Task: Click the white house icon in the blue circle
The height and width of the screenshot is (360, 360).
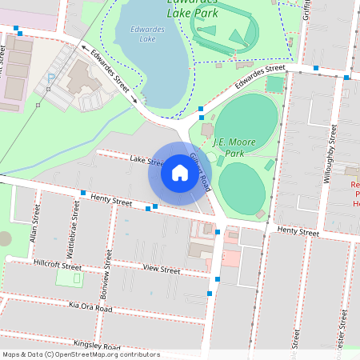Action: (179, 173)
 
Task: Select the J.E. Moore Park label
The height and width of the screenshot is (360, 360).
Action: (234, 147)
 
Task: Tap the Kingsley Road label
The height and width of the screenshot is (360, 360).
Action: (96, 344)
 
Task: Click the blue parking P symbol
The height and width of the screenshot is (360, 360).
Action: (51, 79)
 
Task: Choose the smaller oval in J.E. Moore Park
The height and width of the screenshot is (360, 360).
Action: (241, 185)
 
